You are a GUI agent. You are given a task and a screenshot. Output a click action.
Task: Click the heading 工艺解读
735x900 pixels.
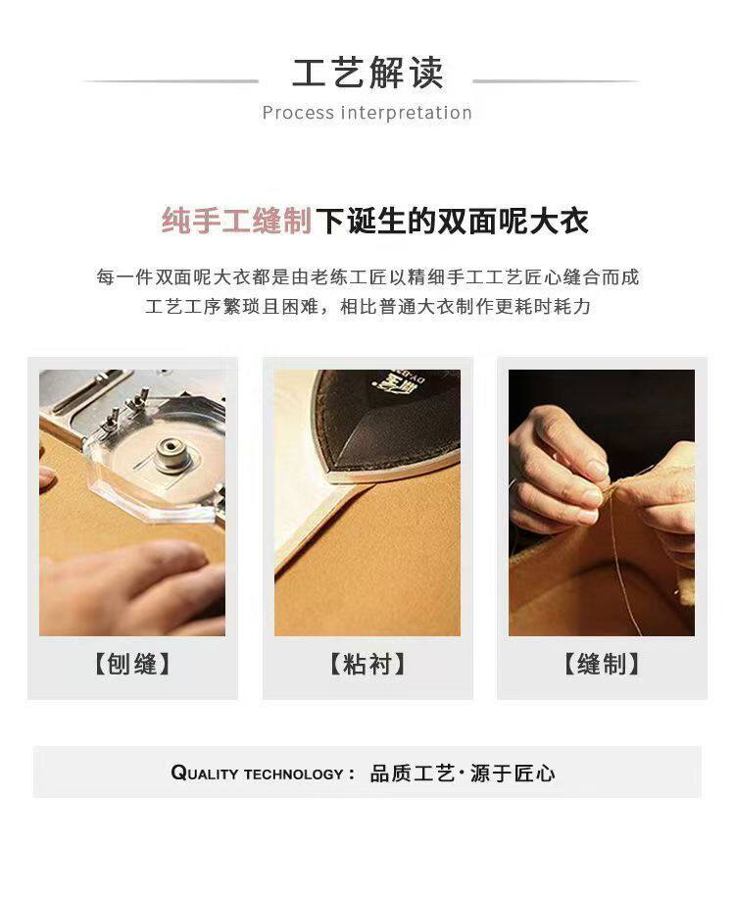[x=367, y=73]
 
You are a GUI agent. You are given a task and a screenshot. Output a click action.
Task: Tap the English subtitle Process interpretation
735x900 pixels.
[x=367, y=113]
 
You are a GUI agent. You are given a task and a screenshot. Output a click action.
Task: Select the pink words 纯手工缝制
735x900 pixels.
[x=236, y=221]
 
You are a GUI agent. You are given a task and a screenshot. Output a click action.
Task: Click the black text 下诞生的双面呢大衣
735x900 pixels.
[x=453, y=221]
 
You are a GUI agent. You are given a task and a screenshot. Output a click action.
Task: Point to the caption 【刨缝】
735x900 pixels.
[x=132, y=664]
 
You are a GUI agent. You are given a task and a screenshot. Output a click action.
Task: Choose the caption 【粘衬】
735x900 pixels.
[x=367, y=664]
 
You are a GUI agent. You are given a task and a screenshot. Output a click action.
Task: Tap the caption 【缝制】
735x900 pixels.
[x=602, y=664]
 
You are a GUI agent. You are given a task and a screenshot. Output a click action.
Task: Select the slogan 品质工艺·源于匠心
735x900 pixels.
[x=463, y=774]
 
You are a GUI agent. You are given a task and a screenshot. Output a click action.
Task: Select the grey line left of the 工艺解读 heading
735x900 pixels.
[x=171, y=81]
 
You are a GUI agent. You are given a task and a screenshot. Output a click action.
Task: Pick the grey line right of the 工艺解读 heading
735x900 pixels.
[x=556, y=81]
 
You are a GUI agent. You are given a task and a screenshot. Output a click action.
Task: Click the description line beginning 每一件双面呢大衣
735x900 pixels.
[x=367, y=277]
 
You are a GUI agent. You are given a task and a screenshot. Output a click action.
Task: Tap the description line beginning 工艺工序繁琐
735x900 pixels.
[x=367, y=307]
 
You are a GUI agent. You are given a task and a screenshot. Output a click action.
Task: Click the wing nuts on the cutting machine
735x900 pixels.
[x=123, y=409]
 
